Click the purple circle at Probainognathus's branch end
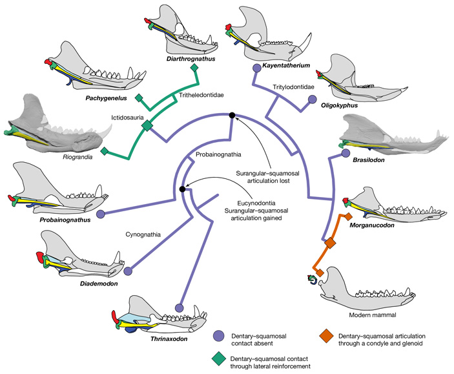pos(101,214)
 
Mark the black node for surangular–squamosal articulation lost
pos(232,115)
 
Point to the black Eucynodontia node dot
pos(183,189)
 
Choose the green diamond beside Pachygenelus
pos(138,98)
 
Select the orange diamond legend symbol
pos(325,335)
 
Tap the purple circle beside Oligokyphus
pos(313,99)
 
